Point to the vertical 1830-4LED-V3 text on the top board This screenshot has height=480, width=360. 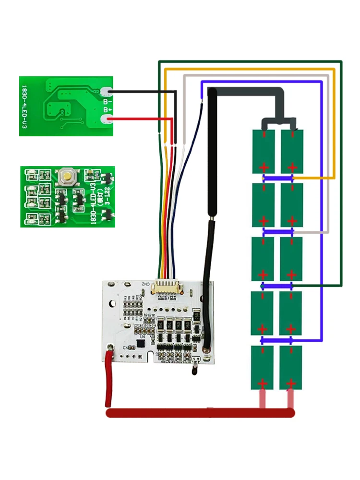pos(24,107)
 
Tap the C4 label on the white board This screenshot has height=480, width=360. pos(126,347)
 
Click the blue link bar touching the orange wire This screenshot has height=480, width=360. pos(278,178)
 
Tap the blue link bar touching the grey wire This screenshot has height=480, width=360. pos(278,232)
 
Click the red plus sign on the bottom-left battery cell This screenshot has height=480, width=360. pos(262,384)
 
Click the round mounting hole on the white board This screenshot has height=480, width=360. pos(112,304)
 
